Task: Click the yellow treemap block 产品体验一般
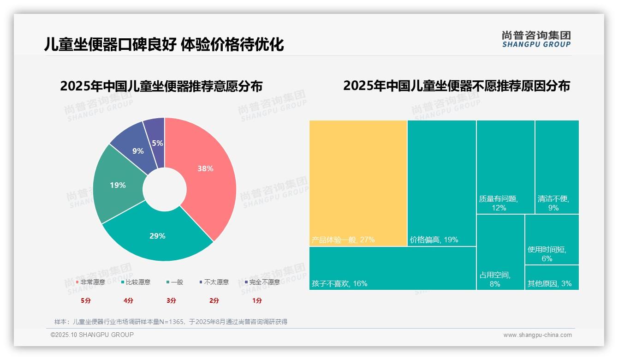tap(358, 183)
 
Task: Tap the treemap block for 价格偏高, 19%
tap(441, 183)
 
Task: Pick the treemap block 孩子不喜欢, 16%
tap(392, 268)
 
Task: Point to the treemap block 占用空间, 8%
tap(500, 252)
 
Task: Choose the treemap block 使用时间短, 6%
tap(552, 239)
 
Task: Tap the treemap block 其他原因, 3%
tap(552, 278)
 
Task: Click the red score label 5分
tap(86, 300)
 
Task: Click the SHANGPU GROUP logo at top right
tap(536, 39)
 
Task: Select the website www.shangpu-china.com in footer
tap(537, 335)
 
